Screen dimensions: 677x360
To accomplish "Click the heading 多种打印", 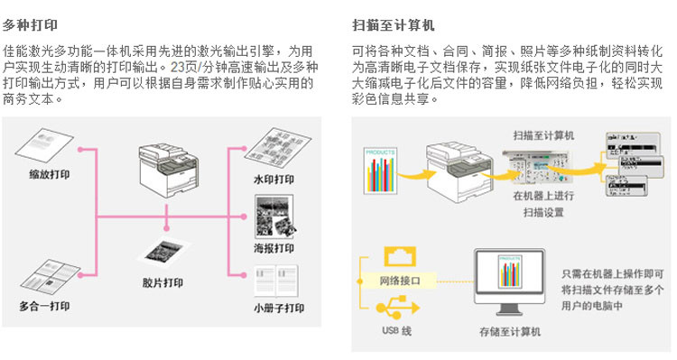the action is tap(30, 25).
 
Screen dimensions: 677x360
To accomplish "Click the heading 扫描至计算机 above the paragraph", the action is tap(393, 25).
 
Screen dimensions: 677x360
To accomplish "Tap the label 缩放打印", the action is tap(50, 174).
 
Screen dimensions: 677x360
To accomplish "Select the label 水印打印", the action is tap(274, 180).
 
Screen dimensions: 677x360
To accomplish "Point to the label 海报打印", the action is tap(274, 248).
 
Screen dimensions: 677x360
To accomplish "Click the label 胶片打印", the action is tap(162, 282).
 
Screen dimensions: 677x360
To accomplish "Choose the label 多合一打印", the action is tap(44, 306).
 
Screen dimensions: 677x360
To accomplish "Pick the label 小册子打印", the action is tap(279, 309).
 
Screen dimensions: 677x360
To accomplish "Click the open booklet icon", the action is tap(276, 281).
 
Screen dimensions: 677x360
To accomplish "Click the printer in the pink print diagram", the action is tap(169, 170).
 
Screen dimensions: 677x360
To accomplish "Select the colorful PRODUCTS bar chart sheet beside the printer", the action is tap(380, 171).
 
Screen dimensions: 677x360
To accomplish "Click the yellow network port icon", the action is tap(400, 257).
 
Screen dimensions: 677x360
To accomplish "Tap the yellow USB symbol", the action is tap(398, 307).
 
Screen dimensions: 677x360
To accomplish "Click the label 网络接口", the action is tap(400, 281).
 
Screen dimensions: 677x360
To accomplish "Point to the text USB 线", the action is tap(396, 331).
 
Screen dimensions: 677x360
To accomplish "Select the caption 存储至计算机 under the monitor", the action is tap(509, 332).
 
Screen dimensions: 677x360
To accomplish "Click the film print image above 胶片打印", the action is tap(163, 253).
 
